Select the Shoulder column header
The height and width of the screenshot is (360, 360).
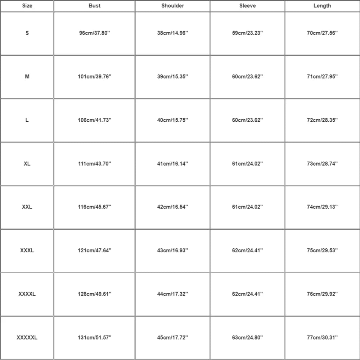point(173,6)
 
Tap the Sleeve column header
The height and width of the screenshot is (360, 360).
point(247,6)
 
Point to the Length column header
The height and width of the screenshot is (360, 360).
point(322,6)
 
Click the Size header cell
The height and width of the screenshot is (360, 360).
point(27,6)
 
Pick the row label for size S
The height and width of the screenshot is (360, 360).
point(27,33)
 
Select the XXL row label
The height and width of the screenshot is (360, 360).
point(27,207)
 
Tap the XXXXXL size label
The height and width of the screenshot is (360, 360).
point(27,338)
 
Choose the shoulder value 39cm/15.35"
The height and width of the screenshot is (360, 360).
point(173,77)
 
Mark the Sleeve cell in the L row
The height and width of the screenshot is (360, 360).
point(247,120)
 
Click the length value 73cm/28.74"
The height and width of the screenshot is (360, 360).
point(322,163)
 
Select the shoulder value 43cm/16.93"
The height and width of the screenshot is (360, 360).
point(173,251)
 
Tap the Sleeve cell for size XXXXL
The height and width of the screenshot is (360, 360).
point(247,294)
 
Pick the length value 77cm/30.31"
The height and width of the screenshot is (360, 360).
point(322,338)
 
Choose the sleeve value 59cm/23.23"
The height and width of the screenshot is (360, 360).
point(247,33)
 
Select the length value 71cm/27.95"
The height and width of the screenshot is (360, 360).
point(322,77)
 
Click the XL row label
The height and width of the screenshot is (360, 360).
point(27,163)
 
